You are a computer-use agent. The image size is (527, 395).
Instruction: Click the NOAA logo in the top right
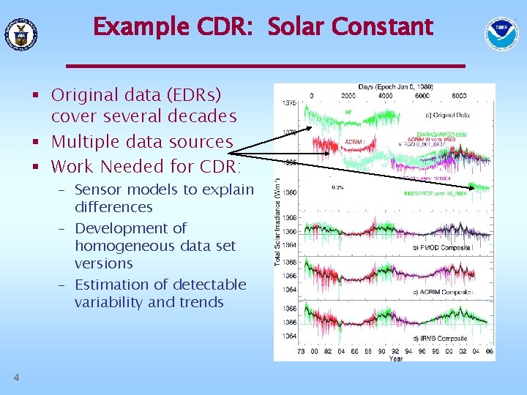[x=501, y=32]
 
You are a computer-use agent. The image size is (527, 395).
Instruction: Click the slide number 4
[x=15, y=377]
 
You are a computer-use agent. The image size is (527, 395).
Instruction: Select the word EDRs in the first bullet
[x=197, y=95]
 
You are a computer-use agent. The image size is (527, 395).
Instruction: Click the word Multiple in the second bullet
[x=81, y=141]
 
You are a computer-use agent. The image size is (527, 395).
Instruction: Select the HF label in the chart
[x=348, y=112]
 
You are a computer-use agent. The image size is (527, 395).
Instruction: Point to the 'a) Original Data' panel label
[x=447, y=115]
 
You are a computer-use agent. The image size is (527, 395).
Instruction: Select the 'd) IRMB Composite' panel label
[x=444, y=339]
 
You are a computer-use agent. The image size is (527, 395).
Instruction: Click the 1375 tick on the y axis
[x=289, y=103]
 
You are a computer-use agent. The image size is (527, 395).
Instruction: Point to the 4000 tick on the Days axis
[x=385, y=95]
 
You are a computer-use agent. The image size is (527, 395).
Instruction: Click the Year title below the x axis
[x=395, y=358]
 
